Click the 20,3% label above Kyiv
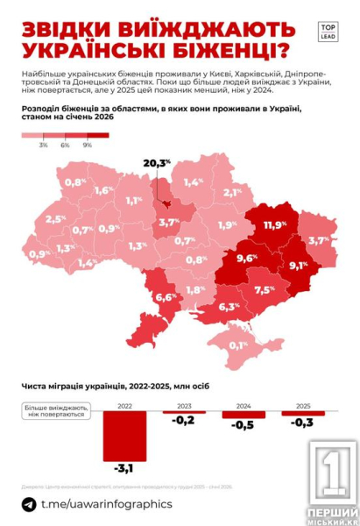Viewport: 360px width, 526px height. tap(157, 164)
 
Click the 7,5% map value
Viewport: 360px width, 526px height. tap(265, 289)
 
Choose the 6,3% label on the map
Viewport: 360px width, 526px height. tap(229, 307)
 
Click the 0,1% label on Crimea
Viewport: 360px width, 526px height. tap(237, 345)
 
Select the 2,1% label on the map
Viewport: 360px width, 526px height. tap(232, 192)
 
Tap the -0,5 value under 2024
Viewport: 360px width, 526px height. tap(242, 425)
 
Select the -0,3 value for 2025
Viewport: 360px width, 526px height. tap(300, 423)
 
